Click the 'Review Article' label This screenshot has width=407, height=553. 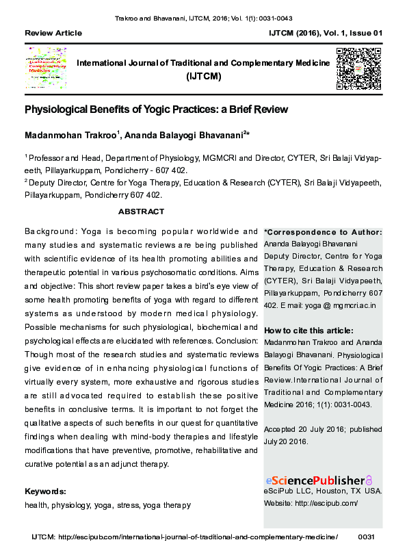(53, 33)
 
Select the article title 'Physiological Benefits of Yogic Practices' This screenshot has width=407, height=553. (157, 110)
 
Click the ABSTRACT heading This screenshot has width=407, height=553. (142, 211)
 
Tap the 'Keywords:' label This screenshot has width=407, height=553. (45, 491)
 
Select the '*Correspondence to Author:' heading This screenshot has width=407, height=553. (323, 233)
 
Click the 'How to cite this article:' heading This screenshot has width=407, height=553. (310, 331)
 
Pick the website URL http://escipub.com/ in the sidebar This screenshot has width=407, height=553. (331, 503)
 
